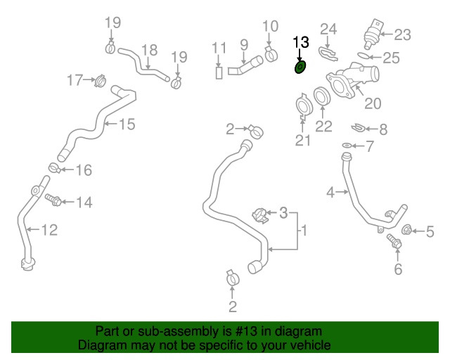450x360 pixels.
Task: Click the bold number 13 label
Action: pyautogui.click(x=301, y=42)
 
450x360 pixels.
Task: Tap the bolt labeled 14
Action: pyautogui.click(x=53, y=200)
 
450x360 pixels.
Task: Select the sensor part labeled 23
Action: pyautogui.click(x=373, y=34)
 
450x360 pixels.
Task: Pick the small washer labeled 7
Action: pyautogui.click(x=347, y=146)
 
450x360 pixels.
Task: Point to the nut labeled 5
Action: pyautogui.click(x=406, y=230)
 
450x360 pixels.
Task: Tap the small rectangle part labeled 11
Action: pyautogui.click(x=219, y=72)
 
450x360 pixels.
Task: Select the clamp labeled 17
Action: pyautogui.click(x=100, y=81)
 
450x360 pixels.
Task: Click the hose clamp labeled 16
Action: pyautogui.click(x=54, y=167)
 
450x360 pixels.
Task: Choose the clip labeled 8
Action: pyautogui.click(x=358, y=127)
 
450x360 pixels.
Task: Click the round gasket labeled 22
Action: pyautogui.click(x=322, y=96)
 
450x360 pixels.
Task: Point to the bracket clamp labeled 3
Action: pyautogui.click(x=261, y=216)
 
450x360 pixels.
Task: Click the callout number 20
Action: pyautogui.click(x=373, y=103)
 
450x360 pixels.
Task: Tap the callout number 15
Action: pyautogui.click(x=127, y=124)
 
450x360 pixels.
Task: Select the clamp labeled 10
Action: pyautogui.click(x=270, y=53)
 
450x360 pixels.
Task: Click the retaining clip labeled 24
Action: pyautogui.click(x=328, y=53)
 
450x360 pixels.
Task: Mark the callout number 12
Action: pyautogui.click(x=50, y=230)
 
